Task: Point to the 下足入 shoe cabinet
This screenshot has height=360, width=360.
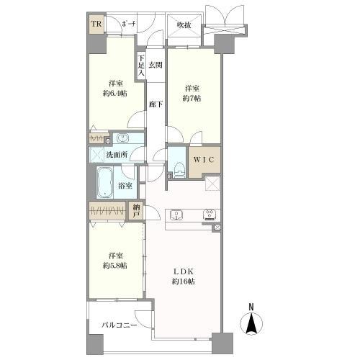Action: pos(142,66)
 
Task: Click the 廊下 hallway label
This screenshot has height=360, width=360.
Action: pos(155,104)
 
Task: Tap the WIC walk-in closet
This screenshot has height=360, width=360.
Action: pos(202,159)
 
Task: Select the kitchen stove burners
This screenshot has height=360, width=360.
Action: pos(210,214)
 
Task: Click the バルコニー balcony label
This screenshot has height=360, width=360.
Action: pos(119,325)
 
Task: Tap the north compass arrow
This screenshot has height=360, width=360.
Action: pos(252,324)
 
